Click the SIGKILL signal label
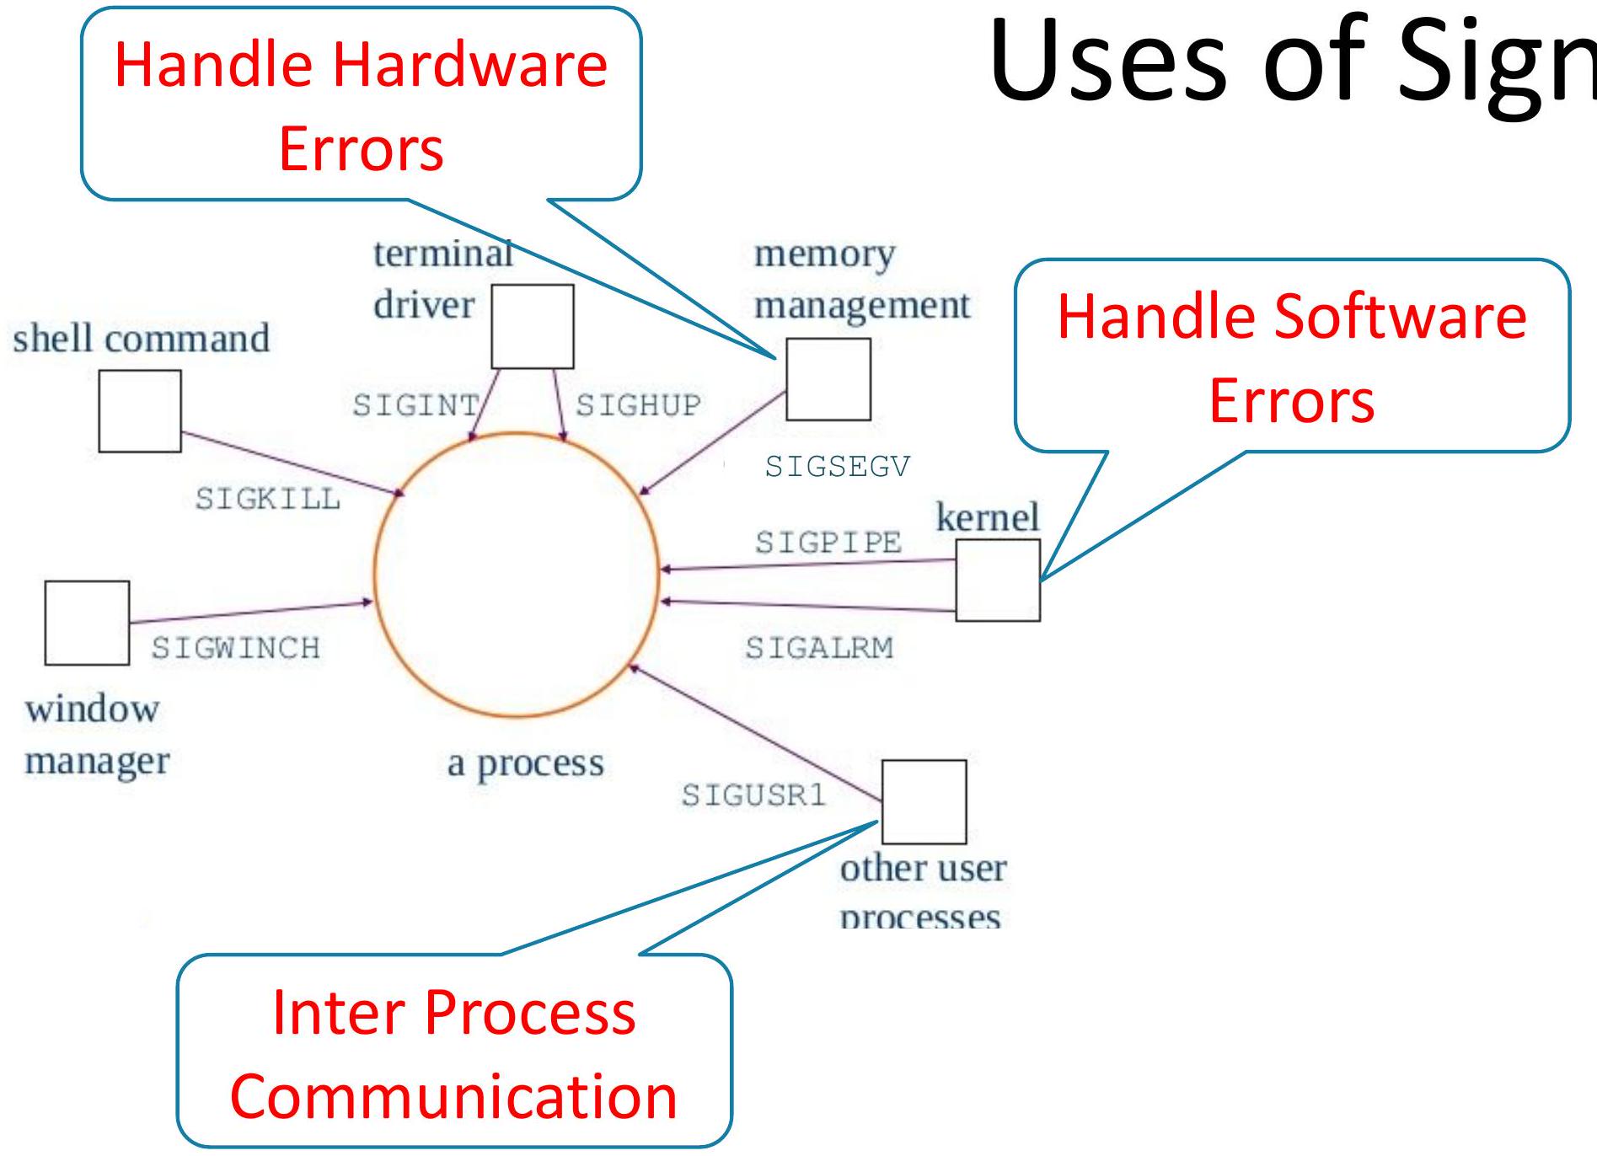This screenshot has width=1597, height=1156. (268, 499)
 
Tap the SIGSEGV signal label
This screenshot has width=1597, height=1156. (838, 466)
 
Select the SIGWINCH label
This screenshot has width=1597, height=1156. (236, 648)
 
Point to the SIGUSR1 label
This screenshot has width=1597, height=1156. (753, 795)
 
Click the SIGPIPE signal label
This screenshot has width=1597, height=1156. (828, 542)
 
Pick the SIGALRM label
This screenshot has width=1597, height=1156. (819, 648)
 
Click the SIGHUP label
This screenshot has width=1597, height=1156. (638, 405)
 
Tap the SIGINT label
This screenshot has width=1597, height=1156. (415, 405)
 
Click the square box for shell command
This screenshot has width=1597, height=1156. (140, 411)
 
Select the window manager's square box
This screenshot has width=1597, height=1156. (87, 623)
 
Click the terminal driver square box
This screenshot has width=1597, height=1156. (533, 326)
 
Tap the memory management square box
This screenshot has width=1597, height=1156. (828, 379)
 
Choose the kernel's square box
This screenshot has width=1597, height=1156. (998, 581)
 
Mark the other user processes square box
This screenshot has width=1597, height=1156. (924, 801)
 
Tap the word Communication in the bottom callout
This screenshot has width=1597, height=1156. (453, 1097)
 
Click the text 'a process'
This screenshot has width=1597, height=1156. (526, 763)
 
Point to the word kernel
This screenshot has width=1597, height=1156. (988, 516)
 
